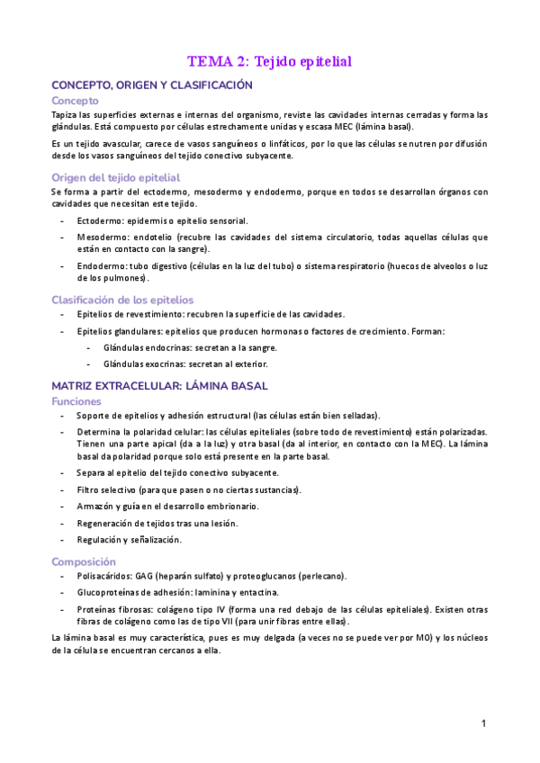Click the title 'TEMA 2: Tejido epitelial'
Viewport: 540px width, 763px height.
pos(269,62)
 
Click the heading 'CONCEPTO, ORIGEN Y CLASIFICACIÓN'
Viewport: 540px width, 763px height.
pos(152,85)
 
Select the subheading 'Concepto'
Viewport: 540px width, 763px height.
pos(75,101)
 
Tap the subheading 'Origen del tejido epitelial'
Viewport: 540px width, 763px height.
pos(115,177)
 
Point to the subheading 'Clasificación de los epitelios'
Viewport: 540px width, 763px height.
pos(122,300)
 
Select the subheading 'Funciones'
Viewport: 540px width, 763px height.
pos(76,401)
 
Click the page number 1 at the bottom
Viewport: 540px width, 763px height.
pos(483,723)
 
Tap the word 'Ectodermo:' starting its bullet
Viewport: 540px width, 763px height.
pos(99,220)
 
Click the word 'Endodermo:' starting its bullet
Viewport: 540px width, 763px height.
pos(101,266)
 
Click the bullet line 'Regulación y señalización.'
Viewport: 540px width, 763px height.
pos(130,540)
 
